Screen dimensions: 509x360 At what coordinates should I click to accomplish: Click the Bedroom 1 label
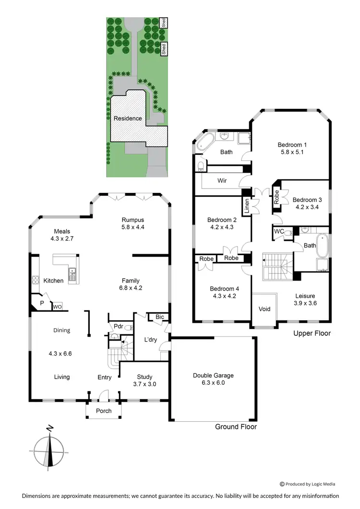coord(292,144)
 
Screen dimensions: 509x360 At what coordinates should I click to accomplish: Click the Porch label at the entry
coord(104,411)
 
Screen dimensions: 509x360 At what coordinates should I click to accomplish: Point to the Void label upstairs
coord(264,309)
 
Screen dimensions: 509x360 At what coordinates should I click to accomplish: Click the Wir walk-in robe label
coord(222,181)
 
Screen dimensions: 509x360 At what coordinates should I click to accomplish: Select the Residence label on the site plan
coord(127,118)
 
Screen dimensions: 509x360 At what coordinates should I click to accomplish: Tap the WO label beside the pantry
coord(57,306)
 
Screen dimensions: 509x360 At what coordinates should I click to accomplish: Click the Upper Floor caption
coord(312,333)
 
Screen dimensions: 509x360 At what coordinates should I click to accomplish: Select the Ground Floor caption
coord(235,426)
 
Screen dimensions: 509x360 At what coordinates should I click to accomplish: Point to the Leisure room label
coord(305,296)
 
